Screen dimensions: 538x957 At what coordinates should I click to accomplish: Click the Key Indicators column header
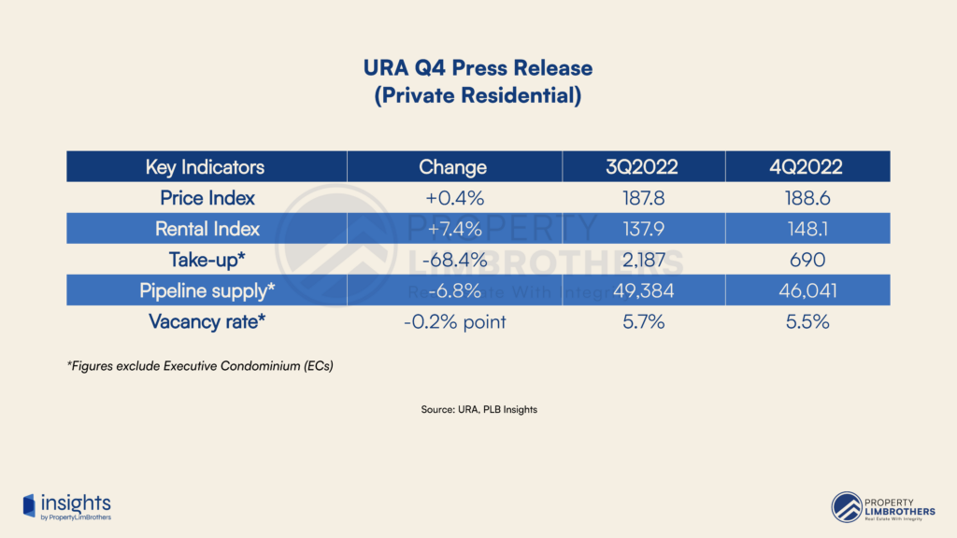tap(205, 167)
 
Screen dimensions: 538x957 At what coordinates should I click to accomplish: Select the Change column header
tap(452, 167)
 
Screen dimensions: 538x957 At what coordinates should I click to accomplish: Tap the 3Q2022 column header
tap(644, 167)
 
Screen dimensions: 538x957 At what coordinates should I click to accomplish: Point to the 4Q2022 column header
tap(807, 167)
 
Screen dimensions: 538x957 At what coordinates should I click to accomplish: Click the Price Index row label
tap(207, 198)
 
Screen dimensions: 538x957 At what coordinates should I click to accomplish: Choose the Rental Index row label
tap(207, 229)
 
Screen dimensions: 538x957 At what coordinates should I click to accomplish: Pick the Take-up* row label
tap(207, 260)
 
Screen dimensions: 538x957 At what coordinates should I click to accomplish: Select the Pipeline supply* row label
tap(207, 290)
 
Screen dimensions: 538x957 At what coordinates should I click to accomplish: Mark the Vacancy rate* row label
tap(207, 321)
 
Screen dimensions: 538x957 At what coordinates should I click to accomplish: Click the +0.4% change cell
tap(452, 198)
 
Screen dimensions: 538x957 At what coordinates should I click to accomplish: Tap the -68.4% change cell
tap(452, 260)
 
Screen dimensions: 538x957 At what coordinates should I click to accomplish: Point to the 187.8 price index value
tap(644, 198)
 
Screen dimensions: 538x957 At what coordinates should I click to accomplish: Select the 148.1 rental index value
tap(807, 229)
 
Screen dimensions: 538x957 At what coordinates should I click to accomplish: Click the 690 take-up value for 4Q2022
tap(807, 260)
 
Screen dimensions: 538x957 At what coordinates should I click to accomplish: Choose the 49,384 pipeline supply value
tap(644, 290)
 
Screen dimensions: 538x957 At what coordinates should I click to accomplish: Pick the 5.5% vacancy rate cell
tap(807, 321)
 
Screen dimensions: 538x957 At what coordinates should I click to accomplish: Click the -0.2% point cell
tap(452, 321)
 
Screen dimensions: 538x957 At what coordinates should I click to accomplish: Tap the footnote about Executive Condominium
tap(200, 366)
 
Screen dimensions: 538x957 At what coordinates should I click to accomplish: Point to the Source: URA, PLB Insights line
tap(478, 409)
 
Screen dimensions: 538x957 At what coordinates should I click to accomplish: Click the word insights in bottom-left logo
tap(75, 503)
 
